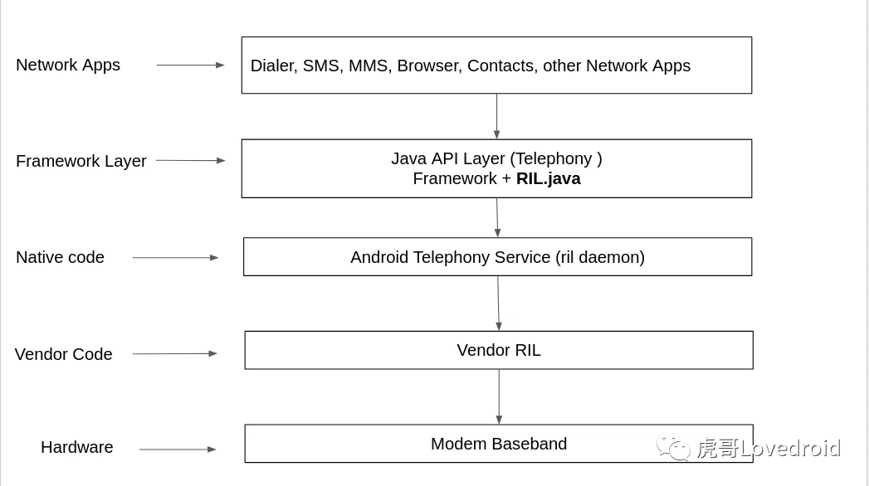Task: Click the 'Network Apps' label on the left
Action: tap(68, 65)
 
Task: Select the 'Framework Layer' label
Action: tap(81, 161)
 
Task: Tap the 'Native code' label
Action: tap(60, 257)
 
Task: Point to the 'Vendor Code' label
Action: tap(63, 354)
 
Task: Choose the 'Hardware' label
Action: tap(76, 447)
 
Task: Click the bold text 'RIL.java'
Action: tap(548, 178)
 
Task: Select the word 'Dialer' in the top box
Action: tap(271, 66)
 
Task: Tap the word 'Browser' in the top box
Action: tap(427, 66)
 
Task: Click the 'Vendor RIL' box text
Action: tap(498, 350)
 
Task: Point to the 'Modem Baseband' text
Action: tap(498, 444)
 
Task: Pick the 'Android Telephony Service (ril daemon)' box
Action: tap(497, 257)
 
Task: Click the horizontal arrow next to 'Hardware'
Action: tap(177, 450)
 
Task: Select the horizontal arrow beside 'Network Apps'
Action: tap(190, 65)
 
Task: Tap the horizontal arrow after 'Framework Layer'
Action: tap(190, 160)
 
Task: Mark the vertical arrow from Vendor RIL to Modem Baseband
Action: tap(499, 396)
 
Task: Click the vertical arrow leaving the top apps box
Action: tap(496, 116)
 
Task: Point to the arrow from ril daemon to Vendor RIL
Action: tap(498, 303)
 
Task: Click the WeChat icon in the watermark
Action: tap(673, 447)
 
